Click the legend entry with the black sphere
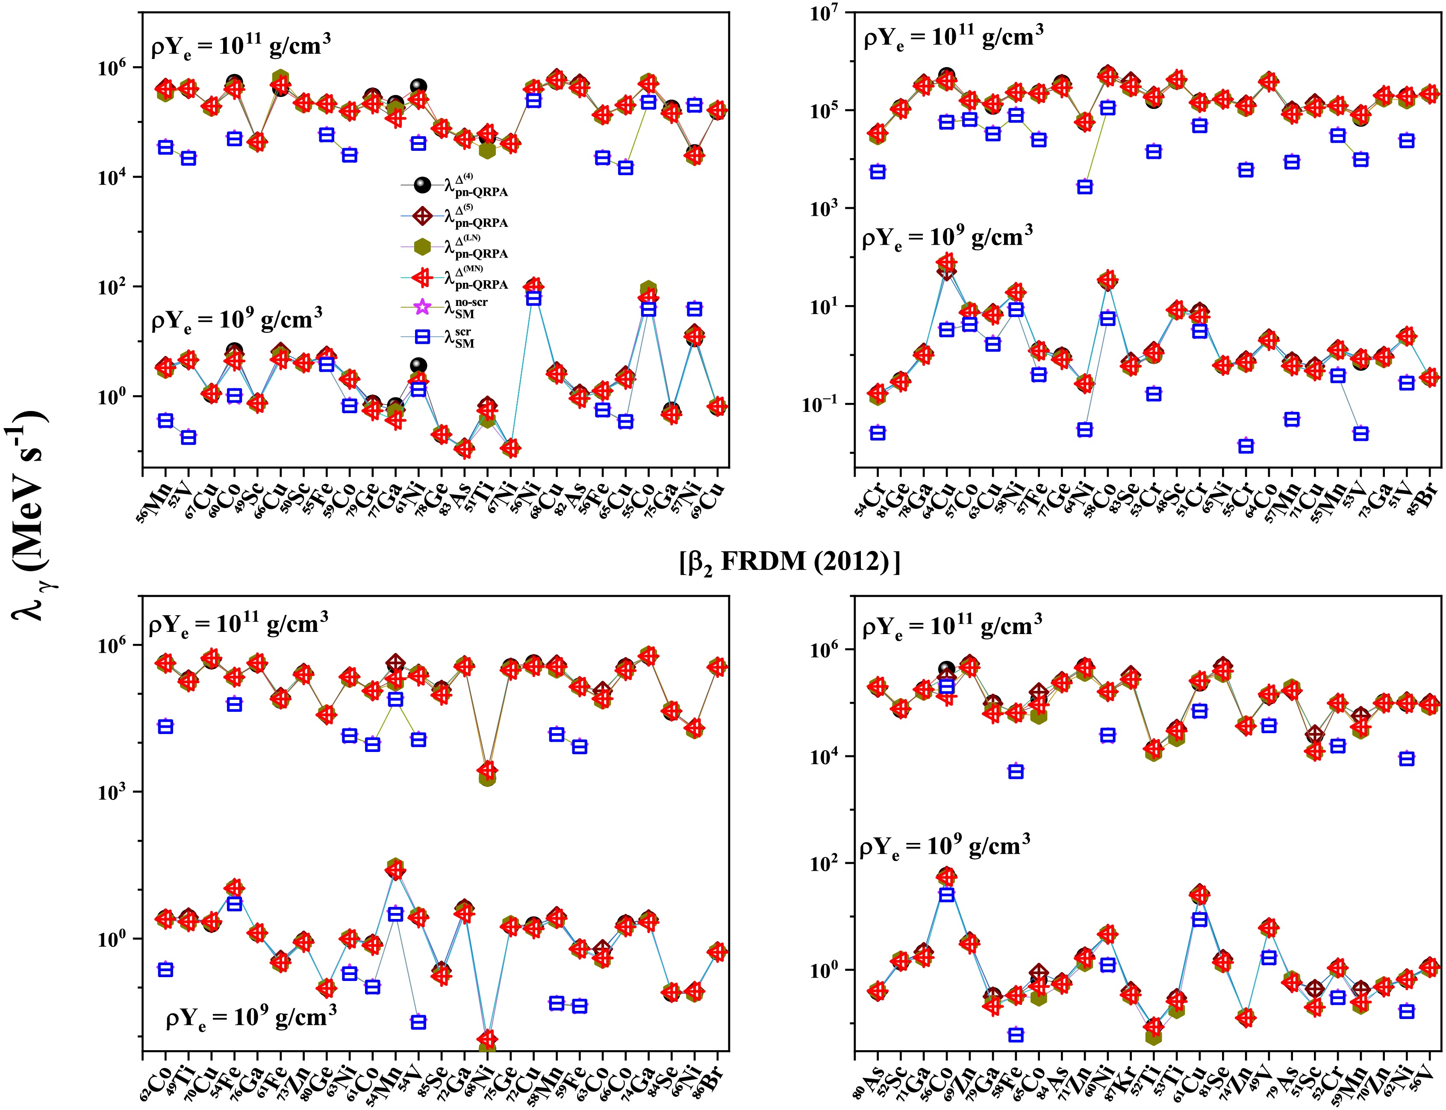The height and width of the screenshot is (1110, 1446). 456,186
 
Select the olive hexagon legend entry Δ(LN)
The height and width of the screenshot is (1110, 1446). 456,247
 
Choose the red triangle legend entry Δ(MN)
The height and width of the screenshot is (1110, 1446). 456,278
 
